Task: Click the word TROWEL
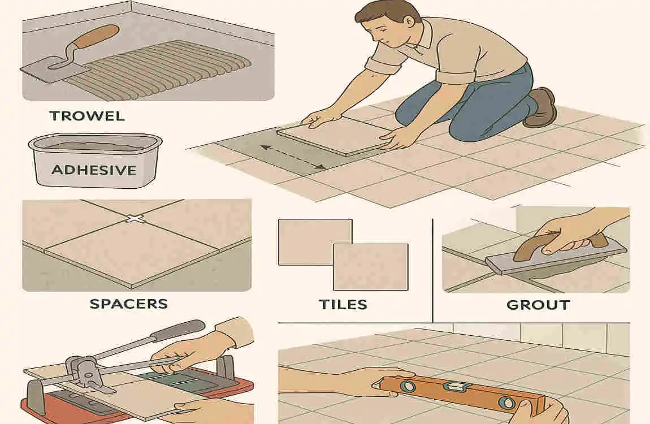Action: pos(86,116)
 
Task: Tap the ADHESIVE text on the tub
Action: pos(94,169)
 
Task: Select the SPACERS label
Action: pos(129,304)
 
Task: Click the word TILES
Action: pos(343,304)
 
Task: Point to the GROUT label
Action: pos(538,305)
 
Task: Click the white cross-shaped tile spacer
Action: pos(134,218)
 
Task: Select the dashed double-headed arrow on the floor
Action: pos(292,158)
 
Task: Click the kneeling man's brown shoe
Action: pos(541,107)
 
